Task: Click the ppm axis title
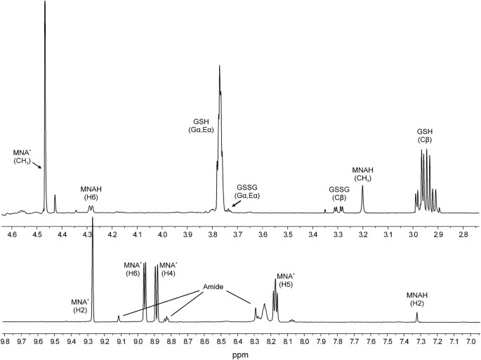click(x=242, y=354)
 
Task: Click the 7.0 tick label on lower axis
click(x=470, y=342)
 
